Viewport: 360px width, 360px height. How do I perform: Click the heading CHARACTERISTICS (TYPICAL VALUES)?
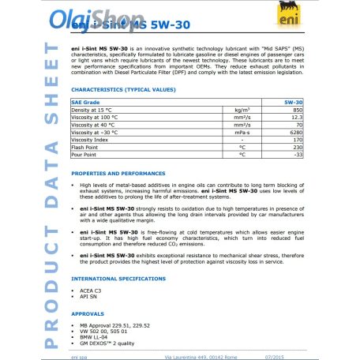pyautogui.click(x=118, y=92)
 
